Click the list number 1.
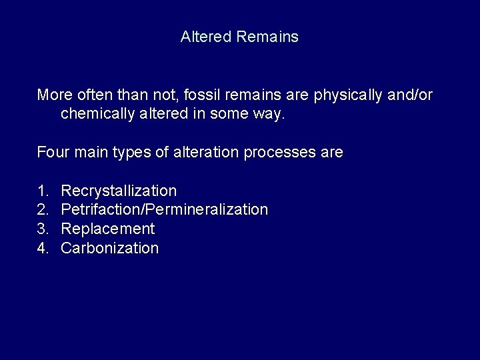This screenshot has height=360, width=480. (x=42, y=191)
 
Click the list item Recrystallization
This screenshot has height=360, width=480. (x=119, y=191)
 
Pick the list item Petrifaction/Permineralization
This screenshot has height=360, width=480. (x=164, y=210)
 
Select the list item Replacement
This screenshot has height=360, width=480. (x=107, y=229)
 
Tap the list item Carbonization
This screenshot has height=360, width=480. (x=110, y=249)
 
